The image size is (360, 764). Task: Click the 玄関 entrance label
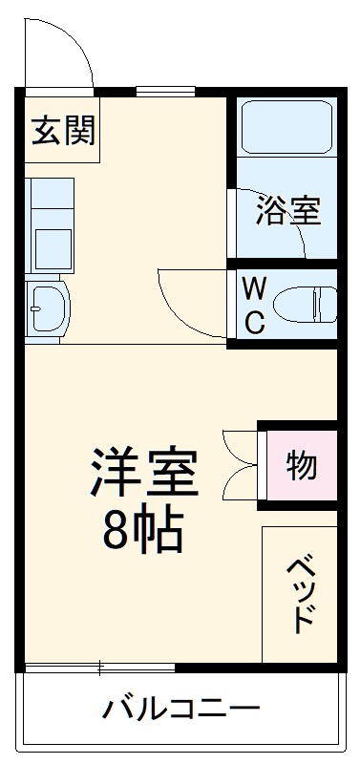click(64, 131)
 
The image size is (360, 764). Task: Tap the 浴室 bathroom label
click(286, 211)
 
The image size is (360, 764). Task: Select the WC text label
click(253, 305)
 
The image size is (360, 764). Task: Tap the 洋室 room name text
click(144, 469)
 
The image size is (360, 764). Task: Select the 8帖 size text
click(142, 531)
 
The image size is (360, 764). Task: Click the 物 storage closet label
click(302, 466)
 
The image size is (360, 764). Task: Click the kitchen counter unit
click(48, 224)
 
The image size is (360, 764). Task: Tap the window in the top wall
click(164, 92)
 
